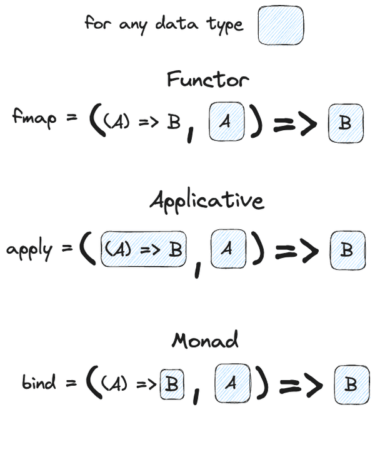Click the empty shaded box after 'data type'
(281, 26)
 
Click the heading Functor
(207, 80)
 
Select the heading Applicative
(206, 200)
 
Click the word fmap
(36, 117)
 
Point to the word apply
(29, 249)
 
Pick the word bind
(39, 382)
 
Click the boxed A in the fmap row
(227, 122)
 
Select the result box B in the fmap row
(345, 123)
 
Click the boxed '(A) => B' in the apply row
(144, 249)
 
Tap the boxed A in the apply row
(228, 249)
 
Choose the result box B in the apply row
(346, 250)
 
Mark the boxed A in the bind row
(232, 383)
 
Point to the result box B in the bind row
(351, 384)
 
